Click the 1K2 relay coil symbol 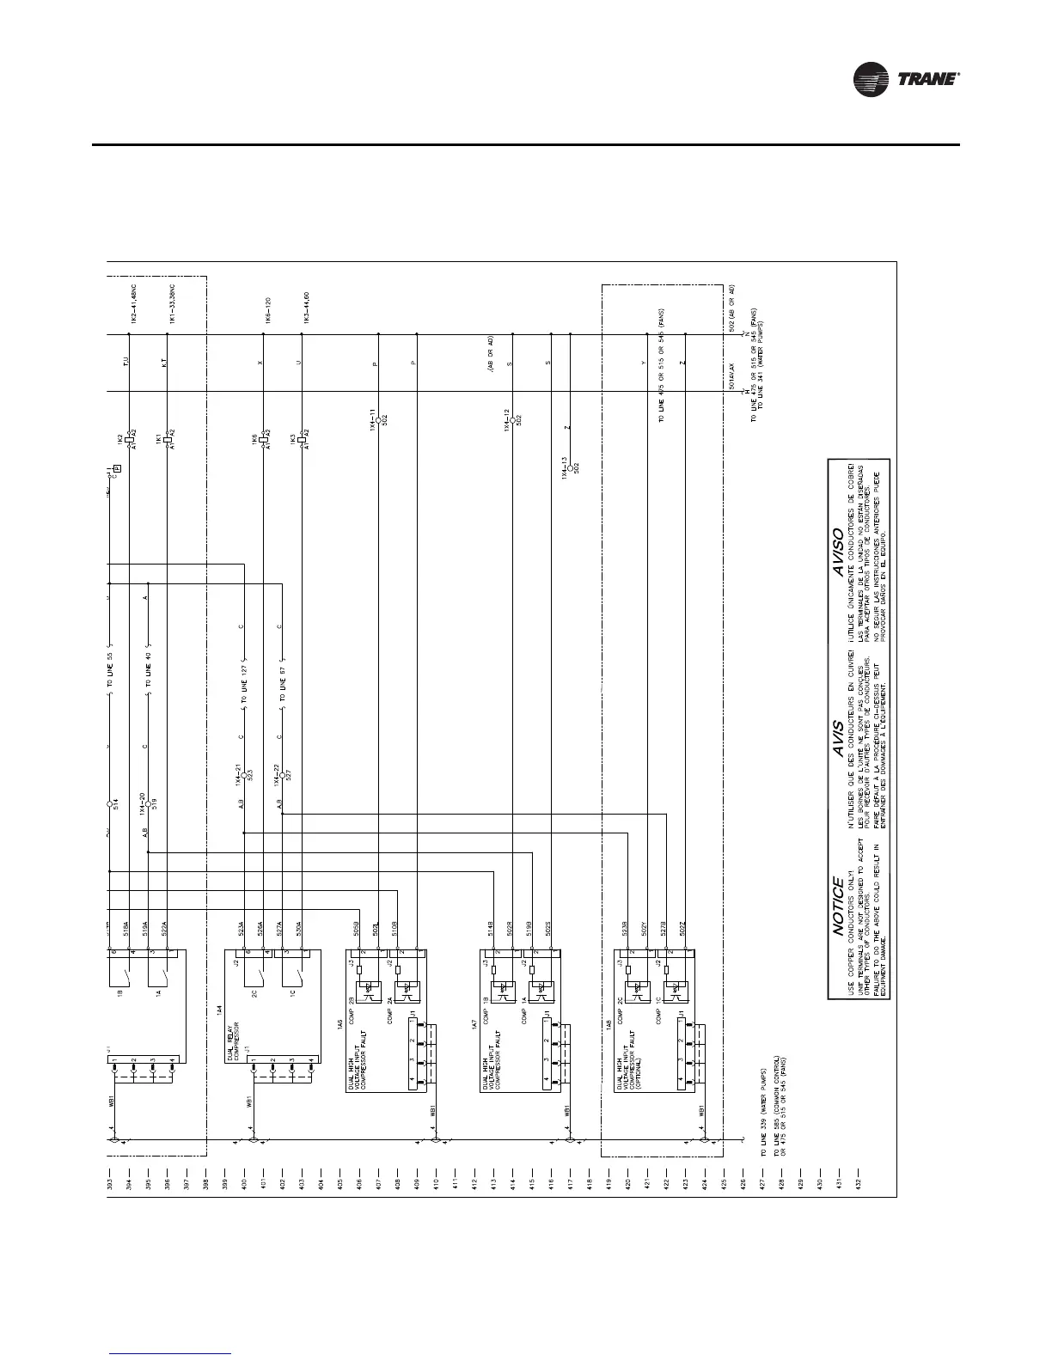coord(128,438)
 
